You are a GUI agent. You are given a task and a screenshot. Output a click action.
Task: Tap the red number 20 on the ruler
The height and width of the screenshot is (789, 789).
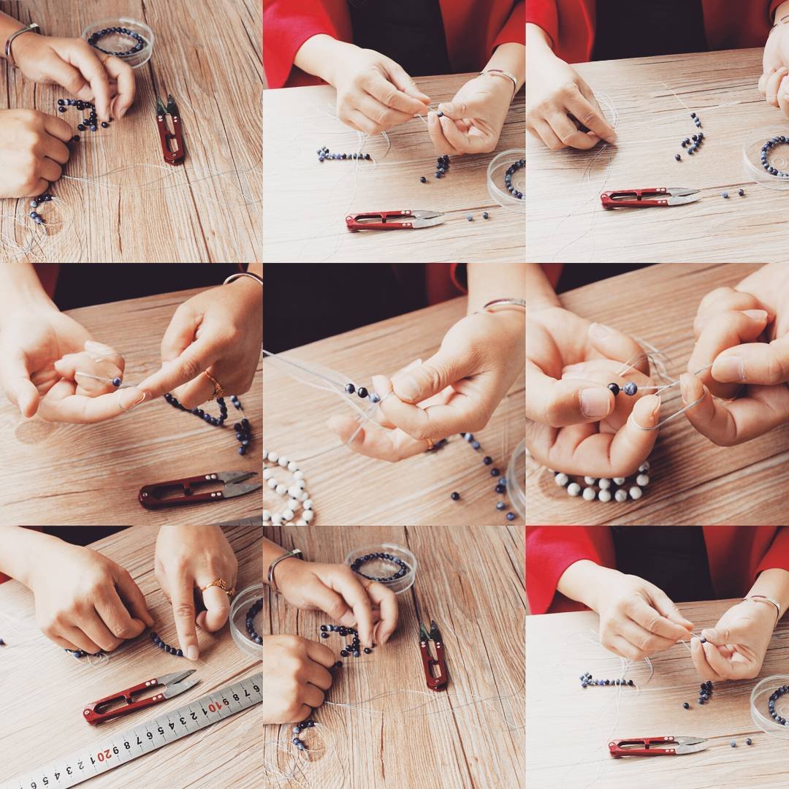pos(103,756)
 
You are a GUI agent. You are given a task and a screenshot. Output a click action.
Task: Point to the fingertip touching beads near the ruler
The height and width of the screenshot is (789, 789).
pos(191,652)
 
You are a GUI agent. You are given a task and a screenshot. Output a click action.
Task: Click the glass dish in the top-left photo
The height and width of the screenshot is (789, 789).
pos(119,41)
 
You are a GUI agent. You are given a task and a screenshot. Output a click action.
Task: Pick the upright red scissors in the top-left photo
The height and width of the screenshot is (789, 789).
pos(169,130)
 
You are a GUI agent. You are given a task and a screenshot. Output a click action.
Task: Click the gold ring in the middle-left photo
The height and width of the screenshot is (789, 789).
pos(216,386)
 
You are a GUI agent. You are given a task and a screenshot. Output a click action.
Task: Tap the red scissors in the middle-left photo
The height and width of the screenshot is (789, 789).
pos(199,489)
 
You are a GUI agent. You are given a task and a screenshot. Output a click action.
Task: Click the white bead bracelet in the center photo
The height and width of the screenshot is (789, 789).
pos(288,488)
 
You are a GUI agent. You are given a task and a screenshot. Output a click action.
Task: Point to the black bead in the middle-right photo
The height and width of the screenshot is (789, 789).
pos(614,389)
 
